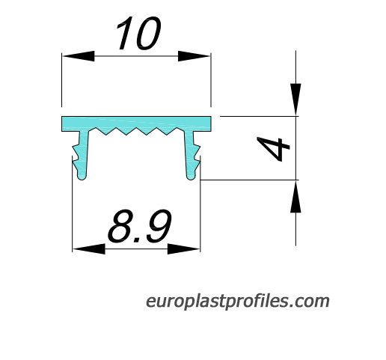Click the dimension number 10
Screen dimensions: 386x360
tap(138, 33)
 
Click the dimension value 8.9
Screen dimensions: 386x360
tap(140, 226)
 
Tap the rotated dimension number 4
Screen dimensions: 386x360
tap(273, 149)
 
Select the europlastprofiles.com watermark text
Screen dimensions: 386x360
tap(237, 302)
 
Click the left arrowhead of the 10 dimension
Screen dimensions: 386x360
tap(78, 56)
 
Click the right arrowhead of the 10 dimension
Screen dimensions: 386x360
tap(194, 56)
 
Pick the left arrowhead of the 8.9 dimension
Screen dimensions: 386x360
tap(89, 249)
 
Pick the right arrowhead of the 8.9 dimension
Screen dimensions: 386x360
tap(184, 249)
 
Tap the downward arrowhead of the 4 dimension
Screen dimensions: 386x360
tap(295, 100)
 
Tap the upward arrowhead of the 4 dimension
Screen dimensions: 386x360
tap(295, 196)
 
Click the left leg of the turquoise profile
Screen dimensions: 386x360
tap(81, 155)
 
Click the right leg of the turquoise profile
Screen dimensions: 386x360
tap(192, 155)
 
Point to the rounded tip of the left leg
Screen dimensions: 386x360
tap(82, 178)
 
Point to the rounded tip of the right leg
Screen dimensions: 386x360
tap(191, 178)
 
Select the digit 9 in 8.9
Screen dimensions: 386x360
tap(159, 226)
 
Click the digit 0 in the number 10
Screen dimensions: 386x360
tap(148, 33)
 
